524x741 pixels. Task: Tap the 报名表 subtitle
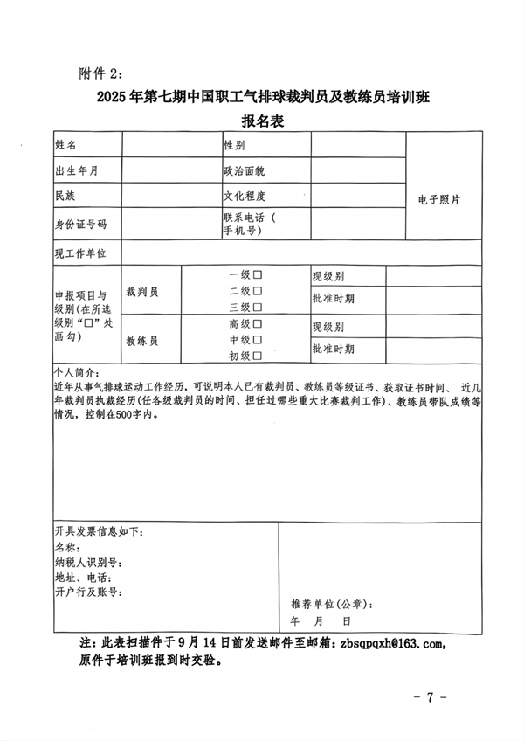(262, 121)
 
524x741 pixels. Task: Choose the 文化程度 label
(244, 197)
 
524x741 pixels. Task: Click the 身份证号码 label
(80, 225)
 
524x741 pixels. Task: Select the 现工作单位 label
(80, 253)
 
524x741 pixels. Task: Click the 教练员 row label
(141, 340)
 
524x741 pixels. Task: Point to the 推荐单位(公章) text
(331, 604)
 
